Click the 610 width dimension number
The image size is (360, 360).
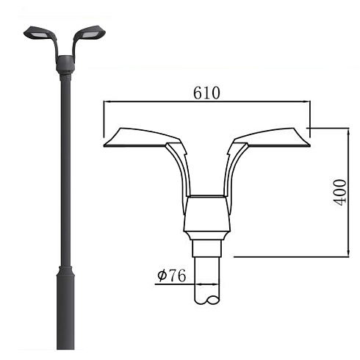click(x=206, y=93)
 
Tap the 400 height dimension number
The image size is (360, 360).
click(x=340, y=192)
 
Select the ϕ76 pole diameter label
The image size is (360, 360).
click(x=172, y=276)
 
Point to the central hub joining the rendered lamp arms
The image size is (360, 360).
click(x=65, y=65)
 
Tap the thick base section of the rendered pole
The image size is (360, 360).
click(x=65, y=308)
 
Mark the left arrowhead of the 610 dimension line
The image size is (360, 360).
click(x=107, y=101)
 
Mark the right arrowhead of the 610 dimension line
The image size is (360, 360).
click(x=306, y=101)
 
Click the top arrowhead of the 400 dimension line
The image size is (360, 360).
click(x=349, y=132)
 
